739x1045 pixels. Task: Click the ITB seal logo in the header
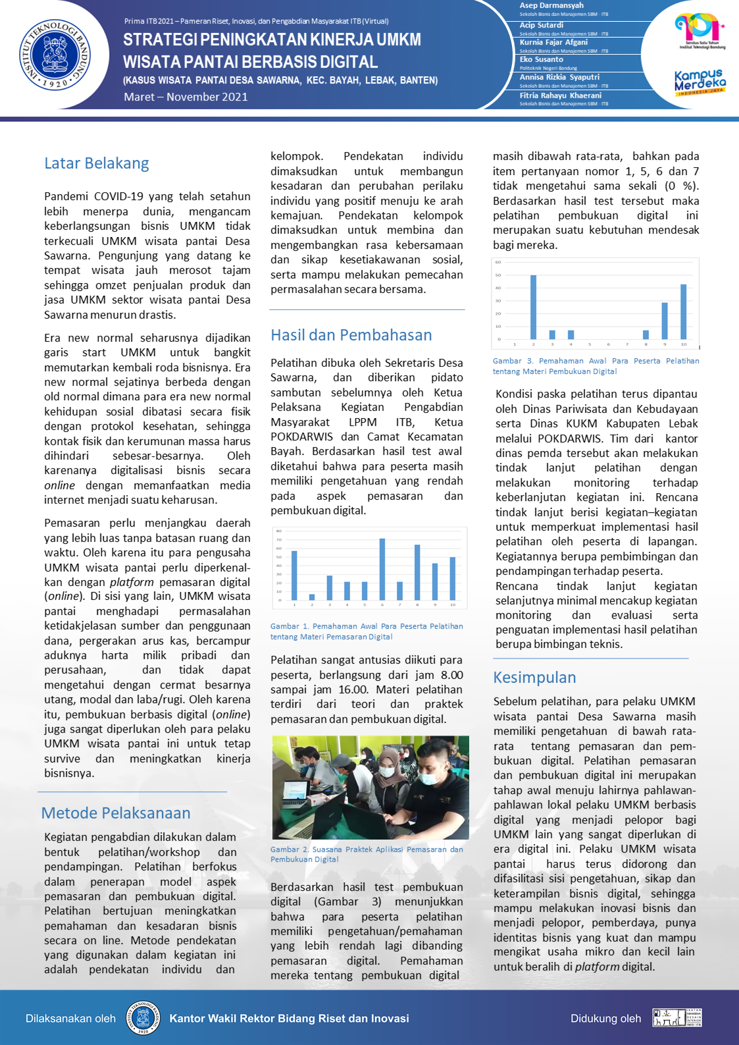[55, 55]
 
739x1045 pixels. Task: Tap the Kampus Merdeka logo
[700, 82]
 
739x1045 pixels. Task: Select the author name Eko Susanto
[542, 59]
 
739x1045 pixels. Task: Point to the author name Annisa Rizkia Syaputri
[559, 77]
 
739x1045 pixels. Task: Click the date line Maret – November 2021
[186, 97]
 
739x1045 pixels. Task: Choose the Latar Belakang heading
[97, 163]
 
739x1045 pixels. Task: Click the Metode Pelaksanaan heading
[116, 813]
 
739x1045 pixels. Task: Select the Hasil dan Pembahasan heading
[351, 335]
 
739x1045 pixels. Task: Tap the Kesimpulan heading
[534, 678]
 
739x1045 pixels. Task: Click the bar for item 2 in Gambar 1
[312, 597]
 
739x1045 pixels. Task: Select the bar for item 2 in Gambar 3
[534, 307]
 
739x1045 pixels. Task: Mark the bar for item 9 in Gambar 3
[665, 321]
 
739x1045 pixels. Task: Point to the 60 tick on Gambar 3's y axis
[498, 262]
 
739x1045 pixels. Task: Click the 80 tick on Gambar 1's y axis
[279, 531]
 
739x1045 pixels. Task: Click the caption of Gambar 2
[367, 854]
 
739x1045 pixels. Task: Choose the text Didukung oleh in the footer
[605, 1019]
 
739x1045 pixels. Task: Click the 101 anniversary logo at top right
[700, 30]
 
